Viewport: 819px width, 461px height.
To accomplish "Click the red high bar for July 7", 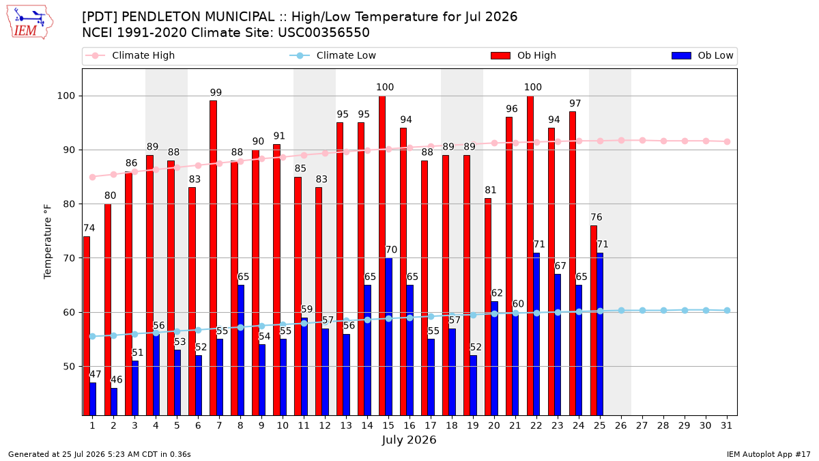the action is (213, 258).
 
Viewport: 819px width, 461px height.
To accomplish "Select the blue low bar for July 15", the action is (388, 337).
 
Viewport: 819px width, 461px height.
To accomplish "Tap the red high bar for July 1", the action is (86, 326).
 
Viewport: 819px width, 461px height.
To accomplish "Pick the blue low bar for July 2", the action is (114, 402).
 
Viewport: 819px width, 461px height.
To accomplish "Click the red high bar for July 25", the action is (594, 320).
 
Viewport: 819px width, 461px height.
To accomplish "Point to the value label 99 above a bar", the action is (216, 93).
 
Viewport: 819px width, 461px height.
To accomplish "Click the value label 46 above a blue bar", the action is (117, 380).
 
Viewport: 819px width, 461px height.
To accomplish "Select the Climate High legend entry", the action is (130, 55).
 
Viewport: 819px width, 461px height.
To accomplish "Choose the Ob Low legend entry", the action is (702, 55).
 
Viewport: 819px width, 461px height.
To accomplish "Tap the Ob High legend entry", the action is (523, 55).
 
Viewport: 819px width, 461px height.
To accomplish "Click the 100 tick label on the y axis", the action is (66, 96).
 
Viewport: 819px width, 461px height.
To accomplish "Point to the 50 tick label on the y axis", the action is (69, 367).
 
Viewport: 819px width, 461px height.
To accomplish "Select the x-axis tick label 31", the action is (726, 426).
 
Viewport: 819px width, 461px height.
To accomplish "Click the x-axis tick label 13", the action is (346, 426).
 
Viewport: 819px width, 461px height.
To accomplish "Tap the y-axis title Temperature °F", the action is (48, 242).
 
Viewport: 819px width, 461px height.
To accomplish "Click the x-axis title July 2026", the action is (409, 440).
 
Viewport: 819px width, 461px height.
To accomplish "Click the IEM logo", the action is (30, 23).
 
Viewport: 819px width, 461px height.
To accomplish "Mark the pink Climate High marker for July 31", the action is (727, 141).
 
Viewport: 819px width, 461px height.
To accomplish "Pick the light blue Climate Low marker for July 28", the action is (663, 311).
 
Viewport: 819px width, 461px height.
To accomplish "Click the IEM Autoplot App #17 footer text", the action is (768, 454).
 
